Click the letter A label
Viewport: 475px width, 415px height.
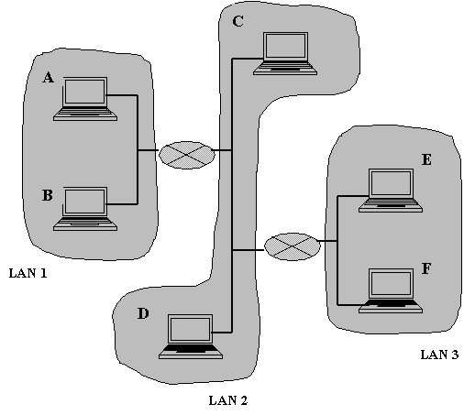point(48,78)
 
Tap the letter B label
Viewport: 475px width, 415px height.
point(48,195)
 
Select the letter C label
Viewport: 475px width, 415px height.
point(237,21)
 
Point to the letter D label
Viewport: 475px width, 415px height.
point(143,313)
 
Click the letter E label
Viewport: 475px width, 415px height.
point(426,159)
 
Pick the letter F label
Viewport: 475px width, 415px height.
point(426,268)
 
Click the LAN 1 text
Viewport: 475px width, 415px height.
point(28,273)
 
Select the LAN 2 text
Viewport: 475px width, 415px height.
point(228,400)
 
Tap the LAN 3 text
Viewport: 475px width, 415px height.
point(439,355)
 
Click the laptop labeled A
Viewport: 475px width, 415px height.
point(85,99)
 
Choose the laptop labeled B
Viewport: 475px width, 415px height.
point(85,209)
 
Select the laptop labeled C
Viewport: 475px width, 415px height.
point(285,53)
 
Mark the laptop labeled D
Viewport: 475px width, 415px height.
point(191,336)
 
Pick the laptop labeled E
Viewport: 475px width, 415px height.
point(391,191)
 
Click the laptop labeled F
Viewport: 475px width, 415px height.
point(391,290)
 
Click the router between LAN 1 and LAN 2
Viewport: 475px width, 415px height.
point(187,155)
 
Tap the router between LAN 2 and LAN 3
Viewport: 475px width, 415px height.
point(293,246)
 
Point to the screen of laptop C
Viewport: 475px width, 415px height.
point(286,46)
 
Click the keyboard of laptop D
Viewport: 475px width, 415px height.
point(191,351)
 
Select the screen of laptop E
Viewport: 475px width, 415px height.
point(391,182)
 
